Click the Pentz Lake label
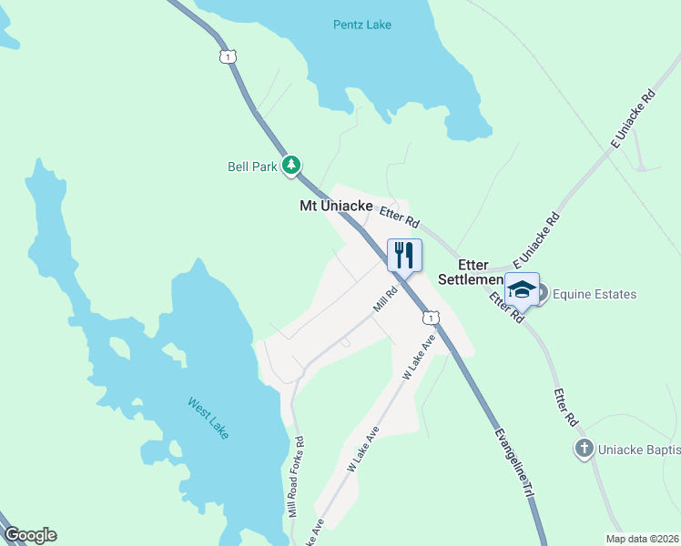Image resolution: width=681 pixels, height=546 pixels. coord(361,25)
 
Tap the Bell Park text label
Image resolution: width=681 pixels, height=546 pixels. coord(252,167)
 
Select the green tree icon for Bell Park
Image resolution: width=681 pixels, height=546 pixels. coord(290,166)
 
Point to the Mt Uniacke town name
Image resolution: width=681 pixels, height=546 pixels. coord(336,207)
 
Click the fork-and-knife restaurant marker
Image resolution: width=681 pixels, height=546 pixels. coord(404,254)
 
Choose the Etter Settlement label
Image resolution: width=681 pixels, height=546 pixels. coord(471,271)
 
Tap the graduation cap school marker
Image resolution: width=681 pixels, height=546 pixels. coord(522,290)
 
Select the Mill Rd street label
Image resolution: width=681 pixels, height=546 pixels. coord(386,299)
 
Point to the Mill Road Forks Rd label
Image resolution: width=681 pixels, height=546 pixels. coord(295,477)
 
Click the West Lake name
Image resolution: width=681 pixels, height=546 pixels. coord(208,418)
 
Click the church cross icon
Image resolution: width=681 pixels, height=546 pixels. coord(584,448)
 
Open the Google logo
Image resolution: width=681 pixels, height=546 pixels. coord(30,535)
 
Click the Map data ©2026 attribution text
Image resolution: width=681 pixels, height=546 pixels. coord(641,539)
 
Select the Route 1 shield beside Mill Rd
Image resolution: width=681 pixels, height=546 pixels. coord(430,317)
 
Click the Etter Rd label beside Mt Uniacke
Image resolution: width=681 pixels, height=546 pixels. coord(400,216)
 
